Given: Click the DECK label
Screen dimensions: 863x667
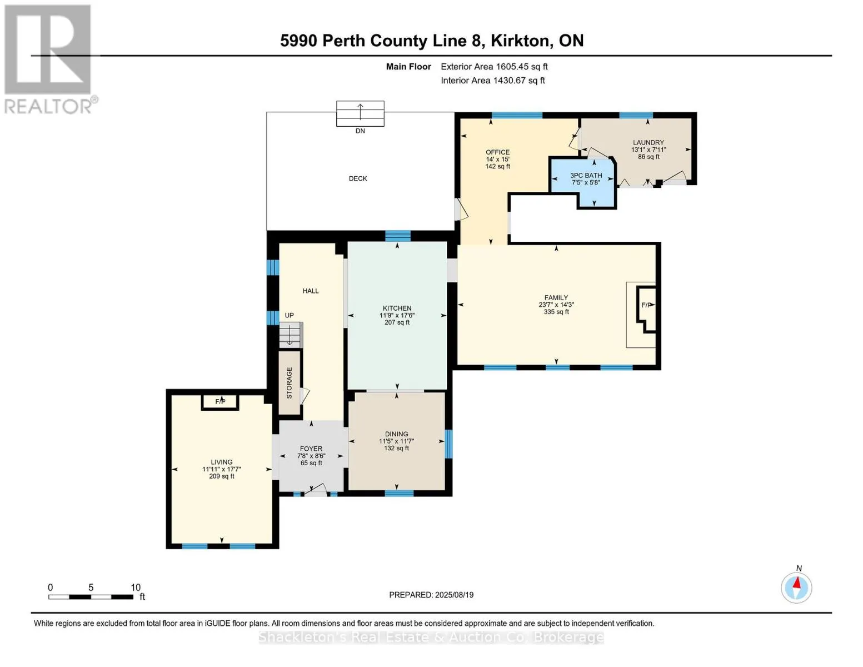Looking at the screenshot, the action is coord(357,178).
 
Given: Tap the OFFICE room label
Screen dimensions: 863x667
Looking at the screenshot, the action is coord(497,152).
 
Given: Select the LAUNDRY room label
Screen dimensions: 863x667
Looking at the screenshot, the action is coord(648,142).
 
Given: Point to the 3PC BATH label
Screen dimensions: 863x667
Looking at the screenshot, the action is coord(586,175).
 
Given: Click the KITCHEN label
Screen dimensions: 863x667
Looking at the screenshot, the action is coord(397,308).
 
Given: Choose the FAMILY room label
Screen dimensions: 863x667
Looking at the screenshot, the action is coord(556,297).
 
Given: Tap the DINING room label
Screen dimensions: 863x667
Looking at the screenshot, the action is coord(396,434).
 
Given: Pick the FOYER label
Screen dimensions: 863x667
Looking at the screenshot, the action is coord(311,449).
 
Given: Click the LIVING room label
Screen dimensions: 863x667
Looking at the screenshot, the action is coord(222,462).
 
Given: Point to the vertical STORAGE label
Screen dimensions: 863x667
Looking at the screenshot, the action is coord(289,383).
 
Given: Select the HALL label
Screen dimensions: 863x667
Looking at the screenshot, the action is coord(311,291).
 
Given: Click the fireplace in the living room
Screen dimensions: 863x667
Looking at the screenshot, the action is coord(220,402).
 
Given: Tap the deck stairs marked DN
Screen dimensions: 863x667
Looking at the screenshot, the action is coord(360,113).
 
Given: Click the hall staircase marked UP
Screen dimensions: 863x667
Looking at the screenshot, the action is coord(291,335).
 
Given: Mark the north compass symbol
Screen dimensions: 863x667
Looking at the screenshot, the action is coord(796,588).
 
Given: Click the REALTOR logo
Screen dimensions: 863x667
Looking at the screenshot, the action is coord(50,59).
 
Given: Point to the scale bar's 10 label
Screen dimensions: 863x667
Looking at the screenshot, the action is coord(136,587).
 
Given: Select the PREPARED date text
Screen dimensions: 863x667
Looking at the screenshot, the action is coord(431,595).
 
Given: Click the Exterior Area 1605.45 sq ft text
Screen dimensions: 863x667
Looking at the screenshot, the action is coord(494,67).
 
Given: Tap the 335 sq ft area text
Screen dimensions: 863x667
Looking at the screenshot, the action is coord(556,312).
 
